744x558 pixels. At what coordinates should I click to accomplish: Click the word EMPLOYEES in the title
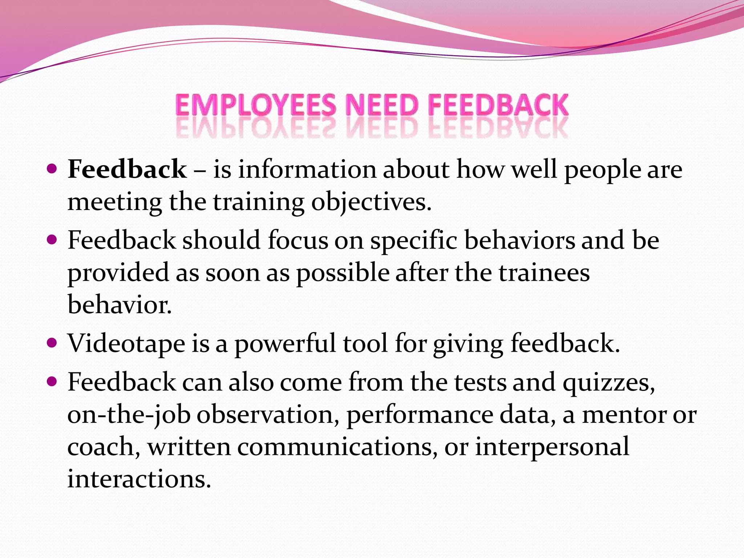(256, 105)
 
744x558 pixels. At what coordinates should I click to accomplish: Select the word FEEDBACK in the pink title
(498, 105)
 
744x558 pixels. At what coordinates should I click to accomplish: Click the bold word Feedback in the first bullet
(127, 169)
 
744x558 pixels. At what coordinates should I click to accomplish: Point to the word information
(307, 169)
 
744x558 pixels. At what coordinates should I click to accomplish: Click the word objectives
(371, 202)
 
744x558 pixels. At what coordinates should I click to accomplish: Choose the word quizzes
(609, 383)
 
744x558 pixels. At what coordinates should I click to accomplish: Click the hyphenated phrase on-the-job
(129, 415)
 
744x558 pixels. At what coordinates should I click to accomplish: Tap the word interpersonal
(552, 447)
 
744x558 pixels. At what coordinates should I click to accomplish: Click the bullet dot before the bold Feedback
(52, 169)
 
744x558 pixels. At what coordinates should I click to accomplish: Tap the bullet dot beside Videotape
(52, 343)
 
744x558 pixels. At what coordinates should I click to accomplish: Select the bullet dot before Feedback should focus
(52, 240)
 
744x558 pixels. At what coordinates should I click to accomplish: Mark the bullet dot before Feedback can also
(52, 381)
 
